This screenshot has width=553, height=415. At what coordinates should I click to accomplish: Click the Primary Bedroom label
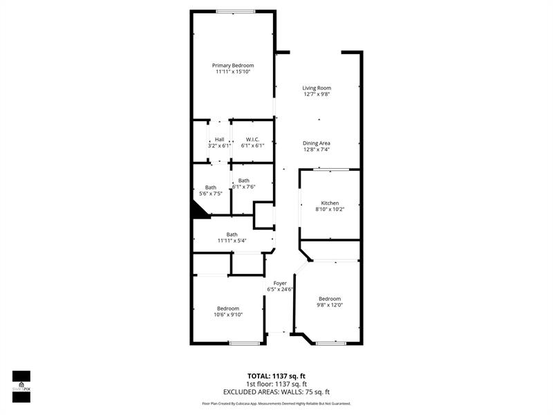point(232,65)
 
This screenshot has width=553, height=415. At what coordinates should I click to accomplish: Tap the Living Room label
point(317,88)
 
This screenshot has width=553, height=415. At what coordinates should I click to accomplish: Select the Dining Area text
point(317,143)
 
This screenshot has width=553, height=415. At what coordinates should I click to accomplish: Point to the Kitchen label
point(330,203)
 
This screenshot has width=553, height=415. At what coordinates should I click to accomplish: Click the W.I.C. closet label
point(252,140)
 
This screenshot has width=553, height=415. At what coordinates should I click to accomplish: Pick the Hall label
point(219,140)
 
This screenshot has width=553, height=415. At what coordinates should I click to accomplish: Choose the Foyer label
point(280,283)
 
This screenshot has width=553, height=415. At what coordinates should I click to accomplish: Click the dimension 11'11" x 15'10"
point(232,72)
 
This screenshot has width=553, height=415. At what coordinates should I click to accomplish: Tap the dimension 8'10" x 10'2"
point(330,209)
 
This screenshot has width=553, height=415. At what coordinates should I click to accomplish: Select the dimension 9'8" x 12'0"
point(330,304)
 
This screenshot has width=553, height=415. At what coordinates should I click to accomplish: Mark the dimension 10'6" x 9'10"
point(228,315)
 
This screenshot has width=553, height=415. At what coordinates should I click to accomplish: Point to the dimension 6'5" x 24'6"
point(280,290)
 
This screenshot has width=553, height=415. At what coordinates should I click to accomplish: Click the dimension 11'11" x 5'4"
point(232,241)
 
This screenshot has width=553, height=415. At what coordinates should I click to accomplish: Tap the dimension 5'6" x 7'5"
point(210,194)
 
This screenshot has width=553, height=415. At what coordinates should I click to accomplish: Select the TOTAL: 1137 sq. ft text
point(276,376)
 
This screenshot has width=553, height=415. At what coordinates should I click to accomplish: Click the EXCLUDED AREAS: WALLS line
point(276,391)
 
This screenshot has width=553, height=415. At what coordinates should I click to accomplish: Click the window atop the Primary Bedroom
point(235,11)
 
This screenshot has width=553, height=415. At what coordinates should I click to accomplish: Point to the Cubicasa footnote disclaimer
point(276,403)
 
